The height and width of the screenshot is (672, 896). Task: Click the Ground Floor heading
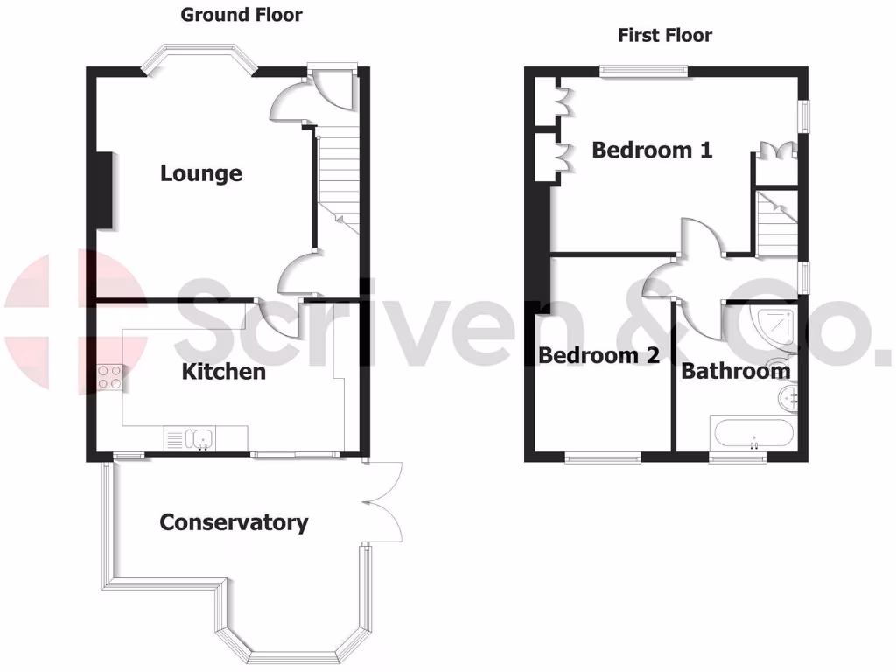pyautogui.click(x=241, y=15)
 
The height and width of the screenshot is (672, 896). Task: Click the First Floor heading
pyautogui.click(x=665, y=36)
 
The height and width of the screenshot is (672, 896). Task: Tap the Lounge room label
pyautogui.click(x=201, y=173)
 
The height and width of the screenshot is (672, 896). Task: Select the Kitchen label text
pyautogui.click(x=223, y=372)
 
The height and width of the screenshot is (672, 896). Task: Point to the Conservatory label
pyautogui.click(x=234, y=523)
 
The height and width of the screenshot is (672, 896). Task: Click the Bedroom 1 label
pyautogui.click(x=652, y=150)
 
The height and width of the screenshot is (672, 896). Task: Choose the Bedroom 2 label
pyautogui.click(x=598, y=355)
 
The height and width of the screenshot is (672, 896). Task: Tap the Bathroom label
pyautogui.click(x=736, y=371)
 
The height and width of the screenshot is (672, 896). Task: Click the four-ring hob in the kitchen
pyautogui.click(x=110, y=376)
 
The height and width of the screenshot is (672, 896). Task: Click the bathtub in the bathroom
pyautogui.click(x=752, y=433)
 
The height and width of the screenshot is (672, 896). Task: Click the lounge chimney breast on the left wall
pyautogui.click(x=103, y=191)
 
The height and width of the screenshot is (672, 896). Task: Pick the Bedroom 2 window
pyautogui.click(x=603, y=456)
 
